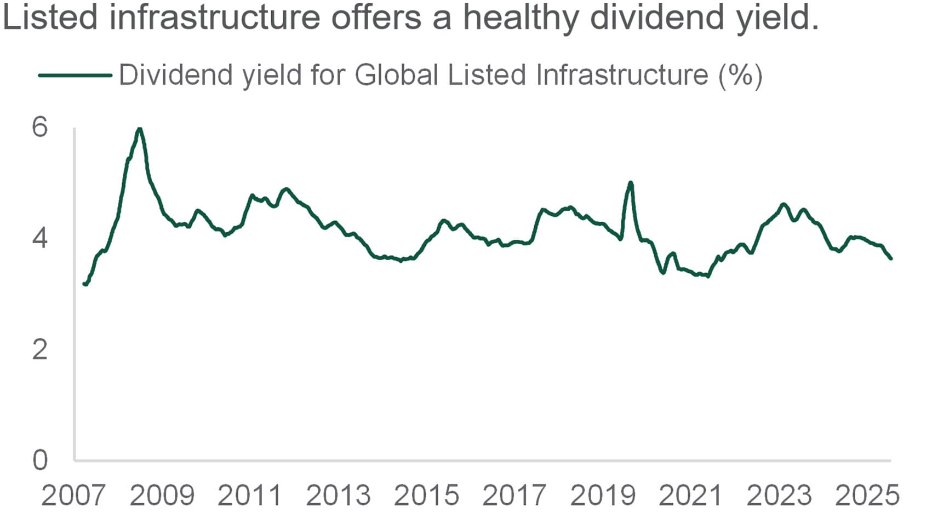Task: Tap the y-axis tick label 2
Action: [x=40, y=349]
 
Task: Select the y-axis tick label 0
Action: [x=40, y=460]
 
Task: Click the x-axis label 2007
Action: [x=73, y=496]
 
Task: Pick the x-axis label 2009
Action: [x=162, y=496]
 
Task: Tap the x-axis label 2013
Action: [x=338, y=496]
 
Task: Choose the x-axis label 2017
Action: [x=514, y=496]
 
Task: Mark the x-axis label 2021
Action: [x=690, y=496]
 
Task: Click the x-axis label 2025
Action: [x=867, y=496]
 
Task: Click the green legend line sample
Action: [x=75, y=75]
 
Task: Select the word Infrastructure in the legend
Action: [x=622, y=75]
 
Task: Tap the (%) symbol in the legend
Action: [x=740, y=75]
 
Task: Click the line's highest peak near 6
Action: [x=140, y=129]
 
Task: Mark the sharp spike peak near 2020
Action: [x=631, y=183]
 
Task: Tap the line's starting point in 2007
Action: [x=84, y=284]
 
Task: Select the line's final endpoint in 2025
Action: [x=890, y=258]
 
